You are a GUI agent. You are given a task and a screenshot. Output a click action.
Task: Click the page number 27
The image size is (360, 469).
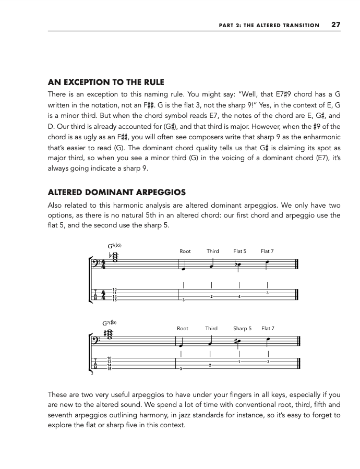[x=335, y=25]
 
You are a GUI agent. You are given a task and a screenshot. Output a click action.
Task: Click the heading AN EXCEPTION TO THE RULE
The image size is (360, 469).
[x=106, y=82]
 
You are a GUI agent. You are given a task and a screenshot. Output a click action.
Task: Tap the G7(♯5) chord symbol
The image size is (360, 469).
[x=116, y=323]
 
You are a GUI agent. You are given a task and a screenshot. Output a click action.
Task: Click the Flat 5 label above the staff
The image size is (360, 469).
[x=239, y=251]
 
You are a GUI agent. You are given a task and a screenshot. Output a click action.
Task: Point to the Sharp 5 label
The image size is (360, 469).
[x=242, y=329]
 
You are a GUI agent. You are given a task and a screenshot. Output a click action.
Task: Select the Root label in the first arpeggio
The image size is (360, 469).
[x=185, y=251]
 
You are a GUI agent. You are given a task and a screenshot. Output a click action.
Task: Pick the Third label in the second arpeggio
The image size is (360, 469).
[x=211, y=329]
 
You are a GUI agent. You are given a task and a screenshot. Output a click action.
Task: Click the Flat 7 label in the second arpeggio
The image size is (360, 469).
[x=268, y=329]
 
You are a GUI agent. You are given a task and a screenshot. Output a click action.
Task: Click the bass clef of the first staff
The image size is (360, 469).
[x=98, y=264]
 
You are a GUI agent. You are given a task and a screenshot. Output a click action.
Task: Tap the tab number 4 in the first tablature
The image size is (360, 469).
[x=239, y=297]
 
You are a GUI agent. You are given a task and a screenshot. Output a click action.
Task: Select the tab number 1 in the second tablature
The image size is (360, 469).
[x=239, y=362]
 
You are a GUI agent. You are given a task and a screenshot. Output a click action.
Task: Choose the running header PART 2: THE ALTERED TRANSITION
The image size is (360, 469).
[x=268, y=25]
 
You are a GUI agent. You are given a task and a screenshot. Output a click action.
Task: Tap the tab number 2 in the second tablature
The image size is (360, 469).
[x=210, y=365]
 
